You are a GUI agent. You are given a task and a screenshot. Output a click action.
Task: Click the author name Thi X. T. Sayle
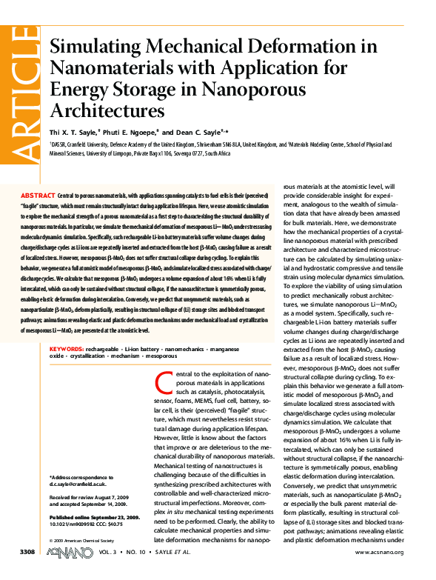(76, 130)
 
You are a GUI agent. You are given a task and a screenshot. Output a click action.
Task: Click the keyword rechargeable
(101, 347)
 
